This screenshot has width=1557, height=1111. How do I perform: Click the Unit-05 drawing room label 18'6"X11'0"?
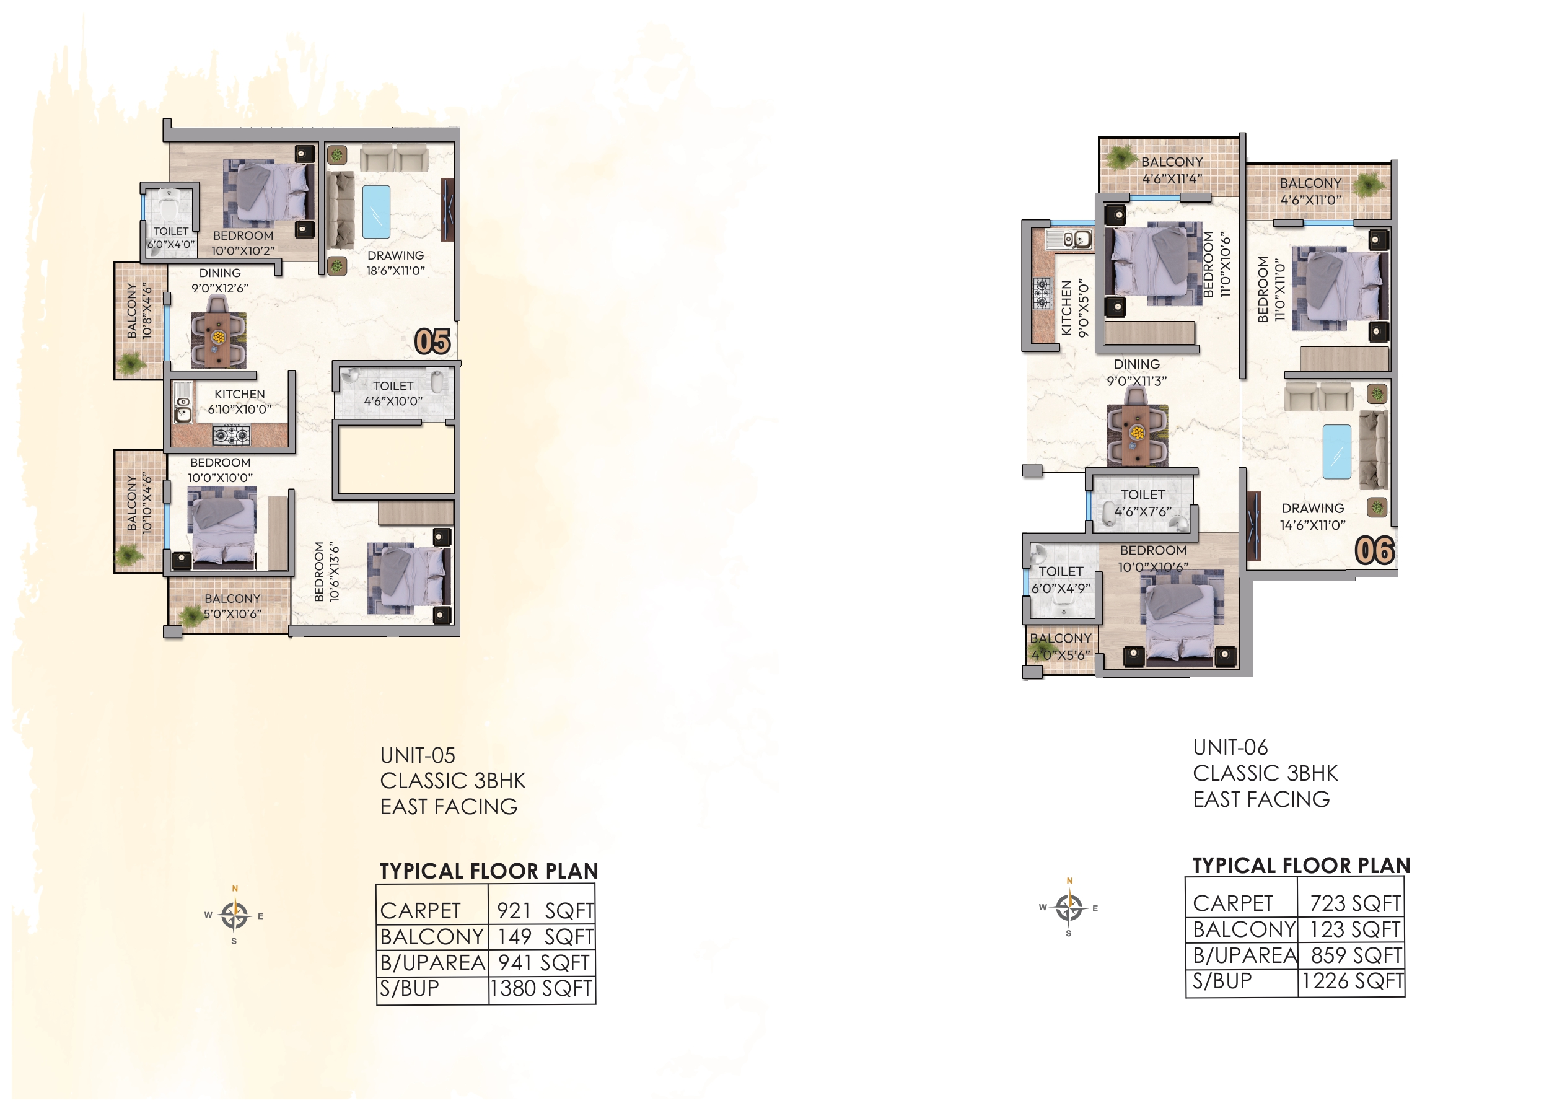pos(395,263)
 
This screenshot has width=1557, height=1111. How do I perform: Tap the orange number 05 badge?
pos(432,342)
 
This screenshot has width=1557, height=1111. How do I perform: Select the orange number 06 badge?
pos(1374,551)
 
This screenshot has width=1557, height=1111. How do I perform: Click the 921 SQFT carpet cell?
pos(544,911)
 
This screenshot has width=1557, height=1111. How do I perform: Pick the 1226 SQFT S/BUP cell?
pos(1352,981)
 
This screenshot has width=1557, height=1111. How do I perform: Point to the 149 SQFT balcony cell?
pos(544,936)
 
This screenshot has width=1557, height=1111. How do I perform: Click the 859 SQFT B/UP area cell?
pos(1354,955)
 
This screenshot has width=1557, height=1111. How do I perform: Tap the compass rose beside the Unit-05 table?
pos(235,915)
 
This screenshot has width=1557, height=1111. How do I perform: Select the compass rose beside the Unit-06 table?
pos(1069,908)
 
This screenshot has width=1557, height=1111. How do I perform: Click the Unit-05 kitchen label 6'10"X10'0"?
pos(239,402)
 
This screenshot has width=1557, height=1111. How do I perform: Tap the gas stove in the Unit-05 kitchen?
pos(231,434)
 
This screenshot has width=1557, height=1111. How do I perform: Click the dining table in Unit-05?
pos(218,338)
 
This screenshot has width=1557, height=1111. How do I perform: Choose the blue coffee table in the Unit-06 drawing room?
pos(1336,452)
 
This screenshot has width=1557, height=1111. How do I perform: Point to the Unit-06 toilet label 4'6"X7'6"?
pos(1143,503)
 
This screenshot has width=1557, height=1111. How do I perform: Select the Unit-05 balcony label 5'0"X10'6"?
pos(232,606)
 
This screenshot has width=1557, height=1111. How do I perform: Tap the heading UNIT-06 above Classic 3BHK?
pos(1230,747)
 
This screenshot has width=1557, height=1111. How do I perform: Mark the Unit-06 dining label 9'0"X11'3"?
pos(1136,373)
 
